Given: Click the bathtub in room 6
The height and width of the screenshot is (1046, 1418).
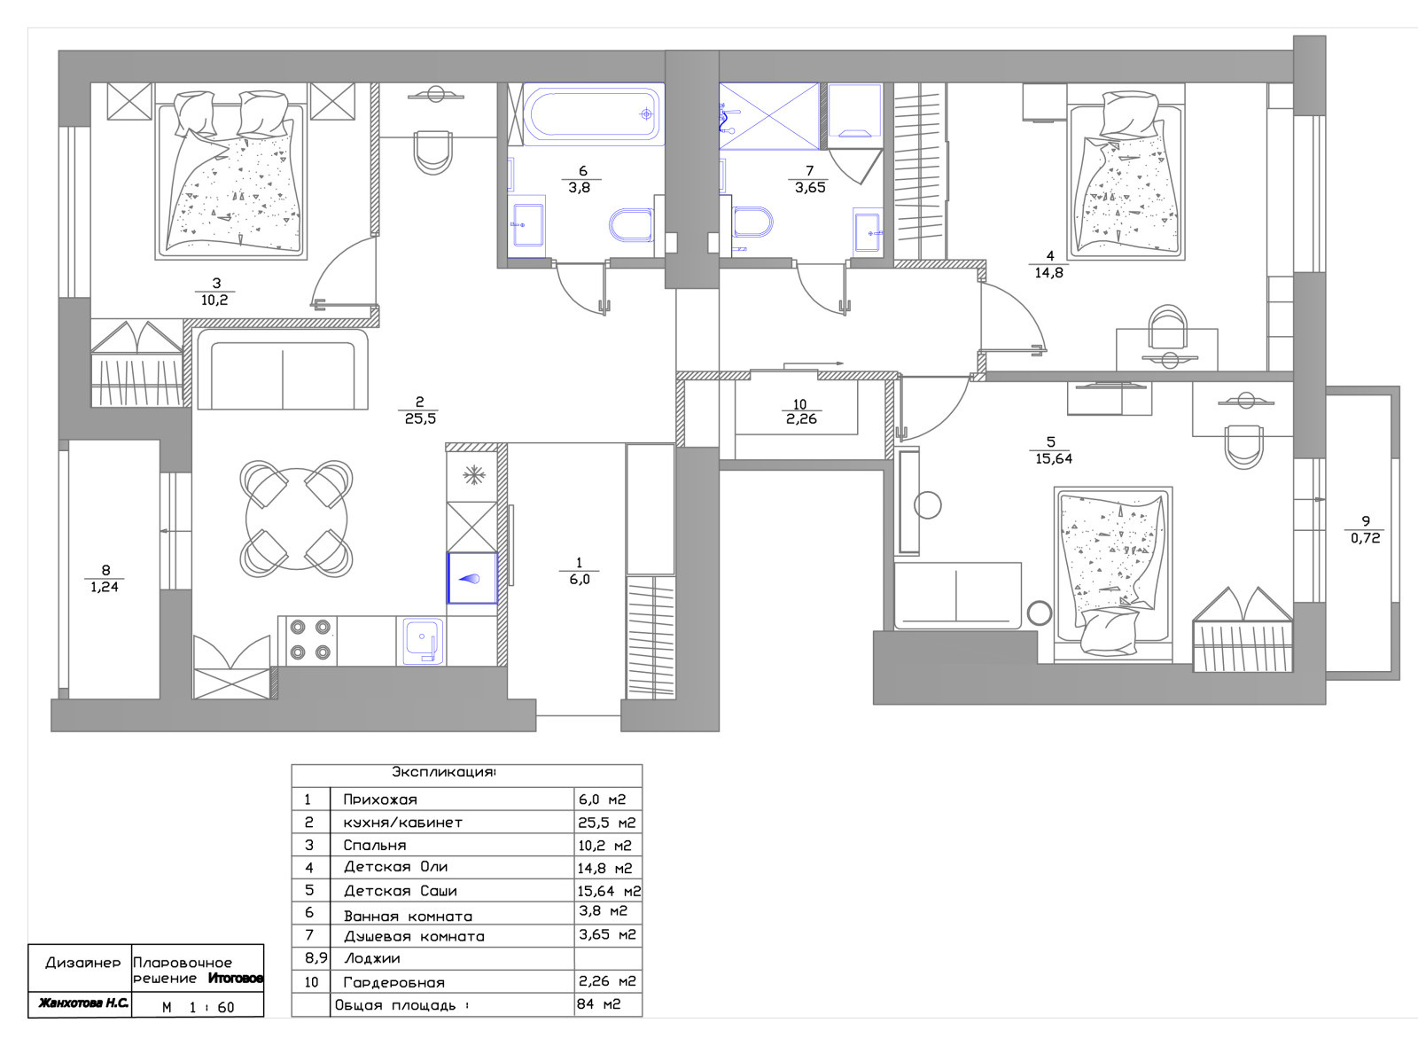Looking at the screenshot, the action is pyautogui.click(x=594, y=114).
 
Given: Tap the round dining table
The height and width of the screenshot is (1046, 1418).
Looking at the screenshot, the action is pyautogui.click(x=296, y=519).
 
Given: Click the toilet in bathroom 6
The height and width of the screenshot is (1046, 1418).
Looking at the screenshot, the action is pyautogui.click(x=631, y=225).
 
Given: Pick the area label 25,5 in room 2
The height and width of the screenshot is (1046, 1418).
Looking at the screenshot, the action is pyautogui.click(x=420, y=418).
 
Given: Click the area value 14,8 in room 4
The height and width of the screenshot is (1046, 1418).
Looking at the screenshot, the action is pyautogui.click(x=1049, y=273).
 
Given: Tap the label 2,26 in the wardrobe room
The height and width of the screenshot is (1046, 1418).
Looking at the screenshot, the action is pyautogui.click(x=801, y=418).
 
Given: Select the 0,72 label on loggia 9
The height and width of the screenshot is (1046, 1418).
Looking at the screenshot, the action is pyautogui.click(x=1366, y=538).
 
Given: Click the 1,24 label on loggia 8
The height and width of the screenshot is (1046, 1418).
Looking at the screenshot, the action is pyautogui.click(x=105, y=587).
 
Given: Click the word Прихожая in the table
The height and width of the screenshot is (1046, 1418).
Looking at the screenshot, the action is pyautogui.click(x=380, y=800).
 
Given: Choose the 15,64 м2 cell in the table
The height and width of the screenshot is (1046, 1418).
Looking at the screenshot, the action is pyautogui.click(x=609, y=892).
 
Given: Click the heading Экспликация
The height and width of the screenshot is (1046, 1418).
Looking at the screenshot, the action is pyautogui.click(x=444, y=772).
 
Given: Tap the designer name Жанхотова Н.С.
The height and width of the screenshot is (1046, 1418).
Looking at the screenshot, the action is pyautogui.click(x=83, y=1003).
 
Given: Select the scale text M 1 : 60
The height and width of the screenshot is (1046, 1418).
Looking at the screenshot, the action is pyautogui.click(x=199, y=1007).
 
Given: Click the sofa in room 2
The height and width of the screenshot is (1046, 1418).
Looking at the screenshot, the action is pyautogui.click(x=283, y=369).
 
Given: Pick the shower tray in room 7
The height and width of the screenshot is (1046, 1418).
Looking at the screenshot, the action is pyautogui.click(x=769, y=116).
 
